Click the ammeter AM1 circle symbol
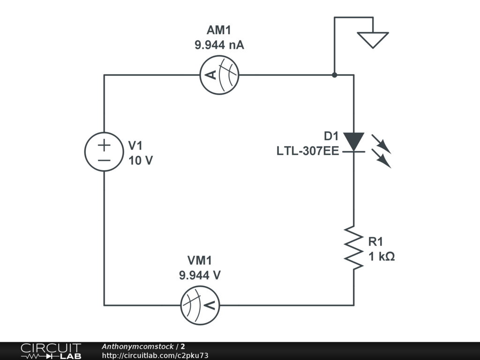click(x=219, y=75)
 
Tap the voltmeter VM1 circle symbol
click(x=200, y=305)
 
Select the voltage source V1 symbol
click(x=104, y=151)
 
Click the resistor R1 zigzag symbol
click(x=353, y=247)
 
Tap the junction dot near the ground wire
click(x=334, y=75)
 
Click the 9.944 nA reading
click(x=219, y=45)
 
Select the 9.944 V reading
click(x=200, y=275)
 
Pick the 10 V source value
click(x=141, y=160)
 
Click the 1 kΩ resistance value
click(x=381, y=256)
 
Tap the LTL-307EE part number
click(x=307, y=151)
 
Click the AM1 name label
click(x=219, y=31)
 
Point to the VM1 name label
click(x=200, y=261)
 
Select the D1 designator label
click(x=331, y=136)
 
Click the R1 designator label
click(x=375, y=242)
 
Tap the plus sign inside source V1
click(x=104, y=144)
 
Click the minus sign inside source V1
click(x=104, y=160)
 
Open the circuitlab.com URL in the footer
click(x=155, y=355)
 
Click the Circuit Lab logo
click(x=51, y=351)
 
